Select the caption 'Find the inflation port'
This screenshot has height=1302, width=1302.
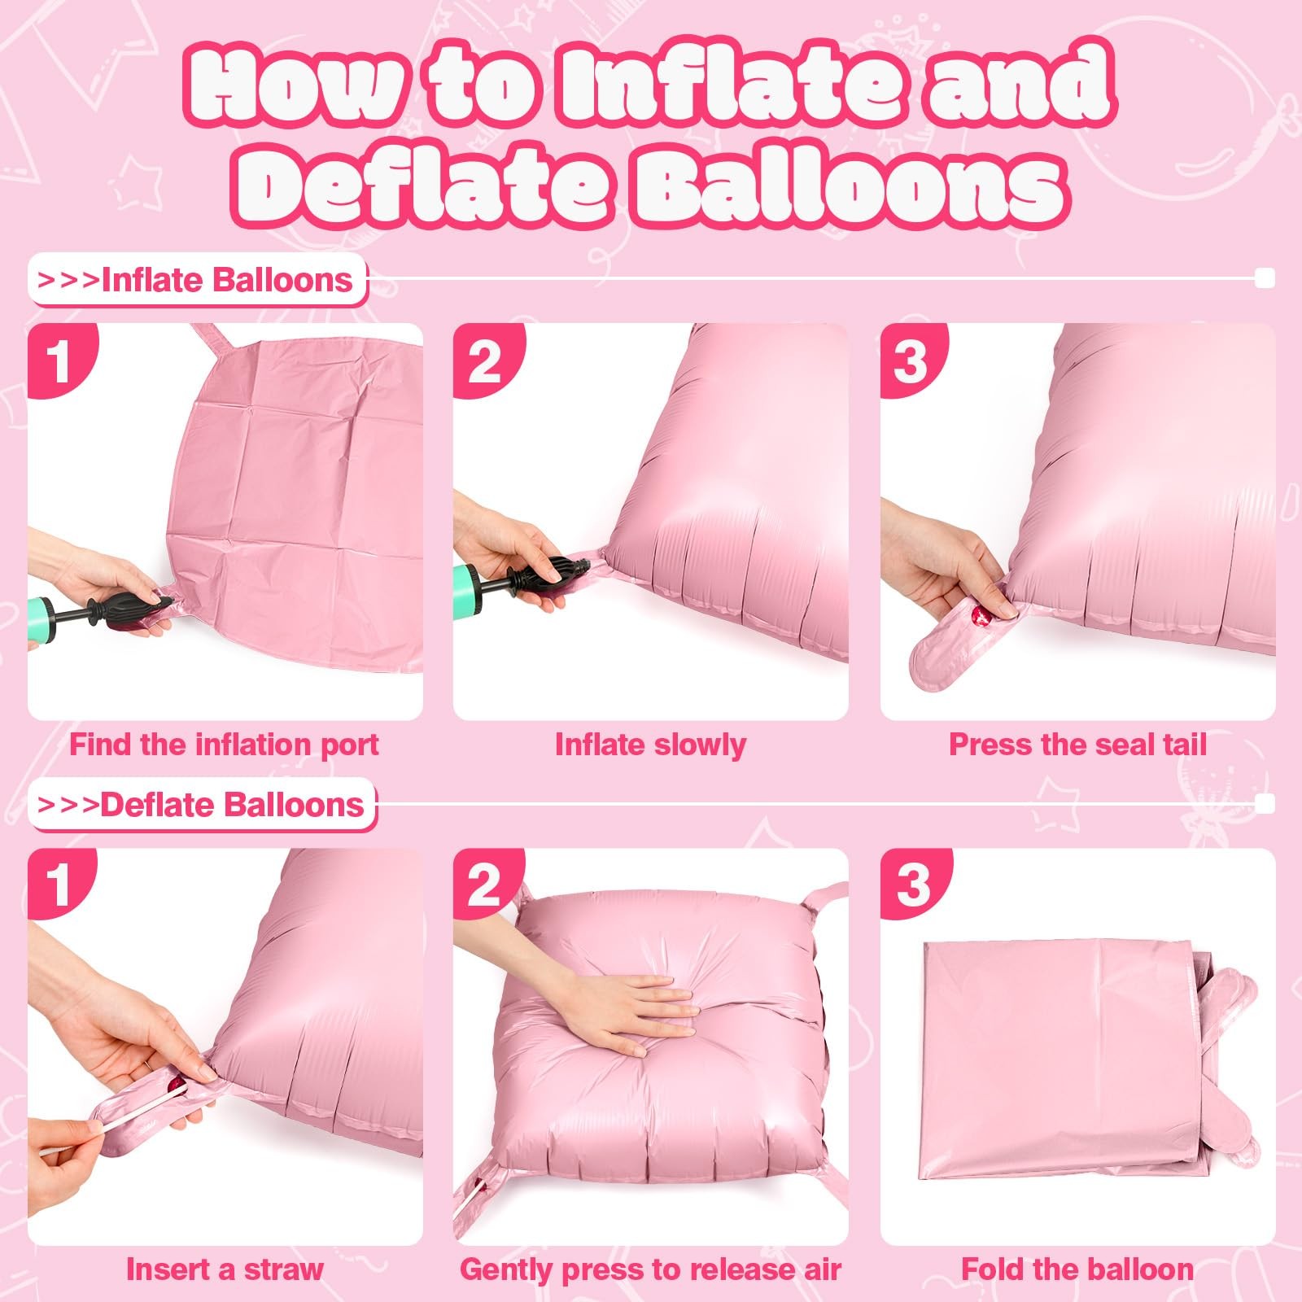pos(224,745)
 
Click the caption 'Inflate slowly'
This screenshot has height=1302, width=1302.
pos(650,745)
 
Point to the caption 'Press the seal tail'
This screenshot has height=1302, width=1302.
pos(1077,745)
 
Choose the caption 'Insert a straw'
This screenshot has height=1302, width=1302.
pos(224,1269)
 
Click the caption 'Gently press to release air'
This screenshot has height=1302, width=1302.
pos(650,1269)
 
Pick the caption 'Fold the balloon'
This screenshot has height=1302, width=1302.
pos(1077,1269)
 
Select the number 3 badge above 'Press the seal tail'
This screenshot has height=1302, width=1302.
pos(911,359)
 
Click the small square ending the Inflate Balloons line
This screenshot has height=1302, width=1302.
pos(1265,279)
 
